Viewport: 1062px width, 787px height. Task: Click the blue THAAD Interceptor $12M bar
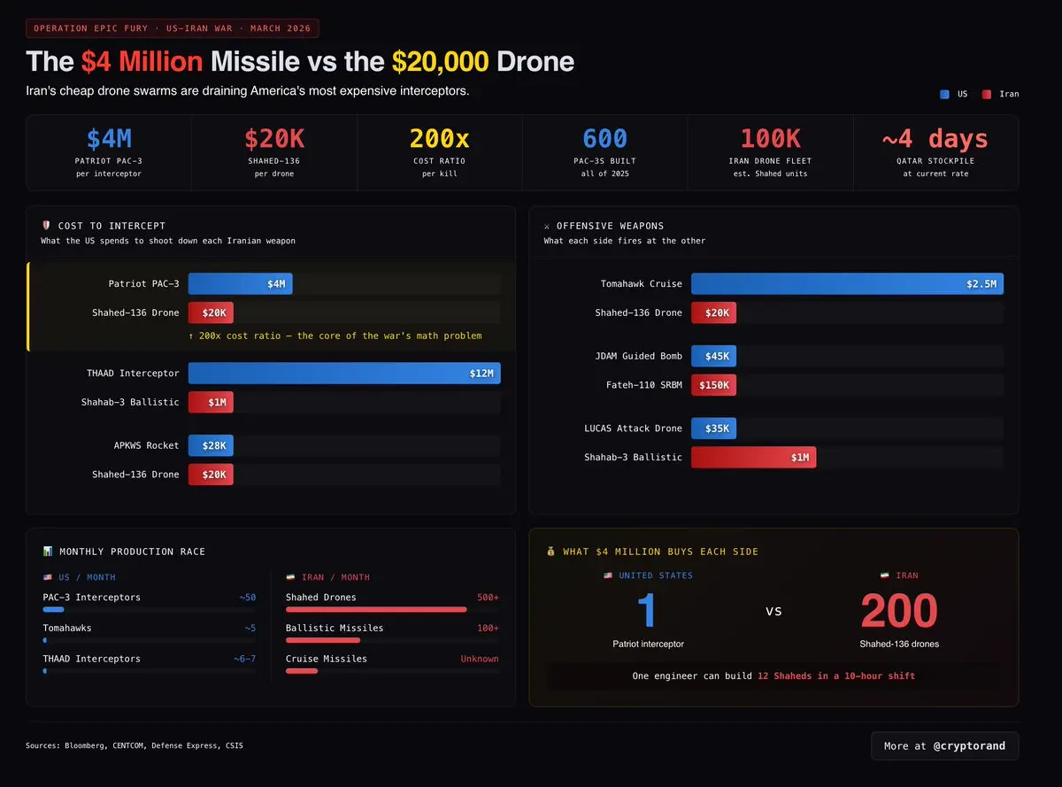344,373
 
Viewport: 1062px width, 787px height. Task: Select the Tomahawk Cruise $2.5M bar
847,283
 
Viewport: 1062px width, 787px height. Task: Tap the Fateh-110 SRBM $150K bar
713,385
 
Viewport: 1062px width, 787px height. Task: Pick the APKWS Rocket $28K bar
211,445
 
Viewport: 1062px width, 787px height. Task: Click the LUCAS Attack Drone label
633,428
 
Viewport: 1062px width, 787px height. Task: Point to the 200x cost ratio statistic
439,139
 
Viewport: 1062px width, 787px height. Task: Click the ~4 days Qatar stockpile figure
935,139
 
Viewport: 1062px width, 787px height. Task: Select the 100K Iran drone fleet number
770,139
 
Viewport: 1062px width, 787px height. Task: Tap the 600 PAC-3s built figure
604,139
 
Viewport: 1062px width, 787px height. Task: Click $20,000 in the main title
440,61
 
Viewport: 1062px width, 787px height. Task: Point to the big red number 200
898,611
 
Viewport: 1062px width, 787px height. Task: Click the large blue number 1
647,611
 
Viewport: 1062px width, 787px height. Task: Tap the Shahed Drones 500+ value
488,598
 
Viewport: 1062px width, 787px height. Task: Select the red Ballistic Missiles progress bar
323,640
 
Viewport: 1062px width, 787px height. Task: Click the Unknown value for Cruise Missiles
479,659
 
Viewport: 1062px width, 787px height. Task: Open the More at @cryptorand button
944,745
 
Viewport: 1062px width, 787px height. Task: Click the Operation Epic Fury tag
173,28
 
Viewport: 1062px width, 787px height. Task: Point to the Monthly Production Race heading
132,552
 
